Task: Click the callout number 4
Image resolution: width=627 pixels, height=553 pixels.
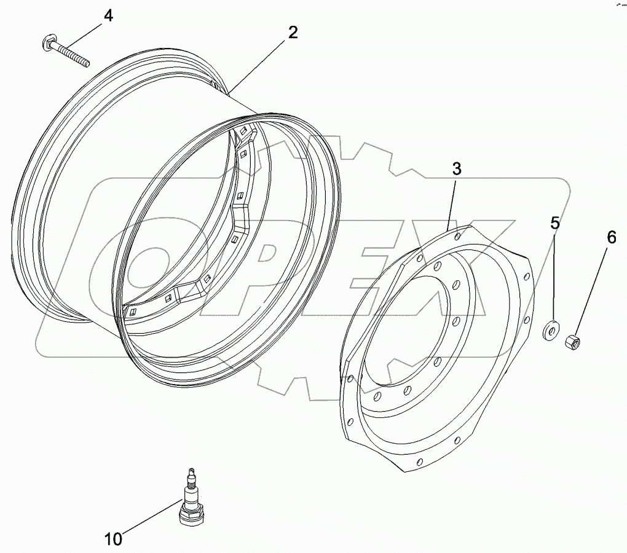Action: coord(108,15)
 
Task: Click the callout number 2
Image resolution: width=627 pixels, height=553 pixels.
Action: coord(293,33)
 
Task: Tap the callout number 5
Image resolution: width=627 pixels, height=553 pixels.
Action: coord(554,223)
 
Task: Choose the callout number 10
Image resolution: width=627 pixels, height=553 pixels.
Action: coord(113,539)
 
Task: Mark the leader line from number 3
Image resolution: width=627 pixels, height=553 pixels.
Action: coord(451,203)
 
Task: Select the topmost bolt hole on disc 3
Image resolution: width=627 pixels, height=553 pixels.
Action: coord(457,235)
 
